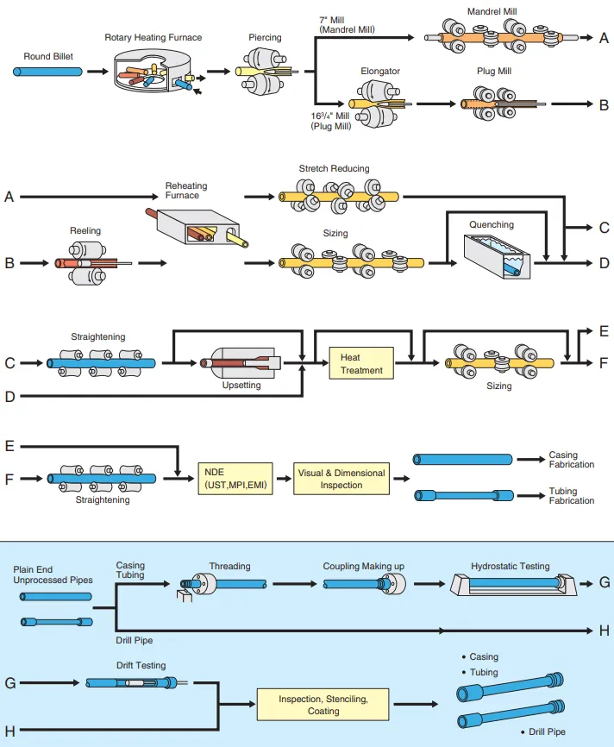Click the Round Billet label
49,56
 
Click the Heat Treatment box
361,363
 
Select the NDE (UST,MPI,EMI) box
238,479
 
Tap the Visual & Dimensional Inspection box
341,479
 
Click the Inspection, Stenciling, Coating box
323,705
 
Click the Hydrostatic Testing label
510,567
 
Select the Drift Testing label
141,666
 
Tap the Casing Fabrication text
571,460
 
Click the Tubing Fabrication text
571,495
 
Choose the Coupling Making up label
363,567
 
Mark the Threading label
229,567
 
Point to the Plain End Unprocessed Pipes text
52,575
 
